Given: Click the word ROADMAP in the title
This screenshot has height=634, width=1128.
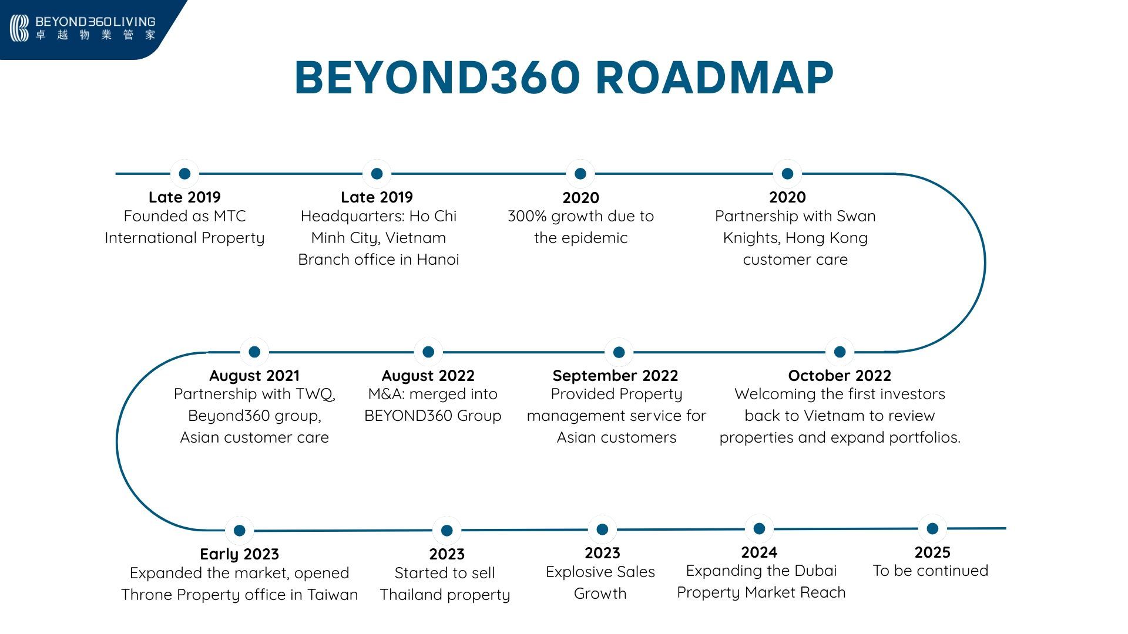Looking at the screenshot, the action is (x=714, y=77).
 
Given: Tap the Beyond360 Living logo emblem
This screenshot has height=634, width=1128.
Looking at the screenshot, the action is (x=19, y=28).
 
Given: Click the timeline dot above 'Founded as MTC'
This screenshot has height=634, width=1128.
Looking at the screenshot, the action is (x=184, y=174).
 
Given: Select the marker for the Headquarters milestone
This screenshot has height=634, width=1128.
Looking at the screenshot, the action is (x=377, y=174).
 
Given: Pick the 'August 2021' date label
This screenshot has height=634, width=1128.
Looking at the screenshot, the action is (x=254, y=376).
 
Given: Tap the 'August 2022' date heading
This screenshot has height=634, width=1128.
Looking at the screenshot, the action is (x=428, y=376).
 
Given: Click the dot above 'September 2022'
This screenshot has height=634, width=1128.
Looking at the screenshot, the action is (x=619, y=352).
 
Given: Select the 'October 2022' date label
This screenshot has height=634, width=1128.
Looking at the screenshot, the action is (x=840, y=376).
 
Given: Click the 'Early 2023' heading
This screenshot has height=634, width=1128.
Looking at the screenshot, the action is (x=239, y=554).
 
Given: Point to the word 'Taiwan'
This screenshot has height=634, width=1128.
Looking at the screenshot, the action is (x=333, y=595).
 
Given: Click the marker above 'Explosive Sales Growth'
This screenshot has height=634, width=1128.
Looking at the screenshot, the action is (x=602, y=530).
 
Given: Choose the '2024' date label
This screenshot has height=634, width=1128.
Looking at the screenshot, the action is (x=759, y=552).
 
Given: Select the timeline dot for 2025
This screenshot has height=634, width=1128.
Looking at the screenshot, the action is (x=932, y=528).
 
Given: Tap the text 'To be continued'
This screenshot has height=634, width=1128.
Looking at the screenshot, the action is (x=931, y=571).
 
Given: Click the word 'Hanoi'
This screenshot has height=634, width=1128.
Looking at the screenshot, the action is (x=438, y=259).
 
